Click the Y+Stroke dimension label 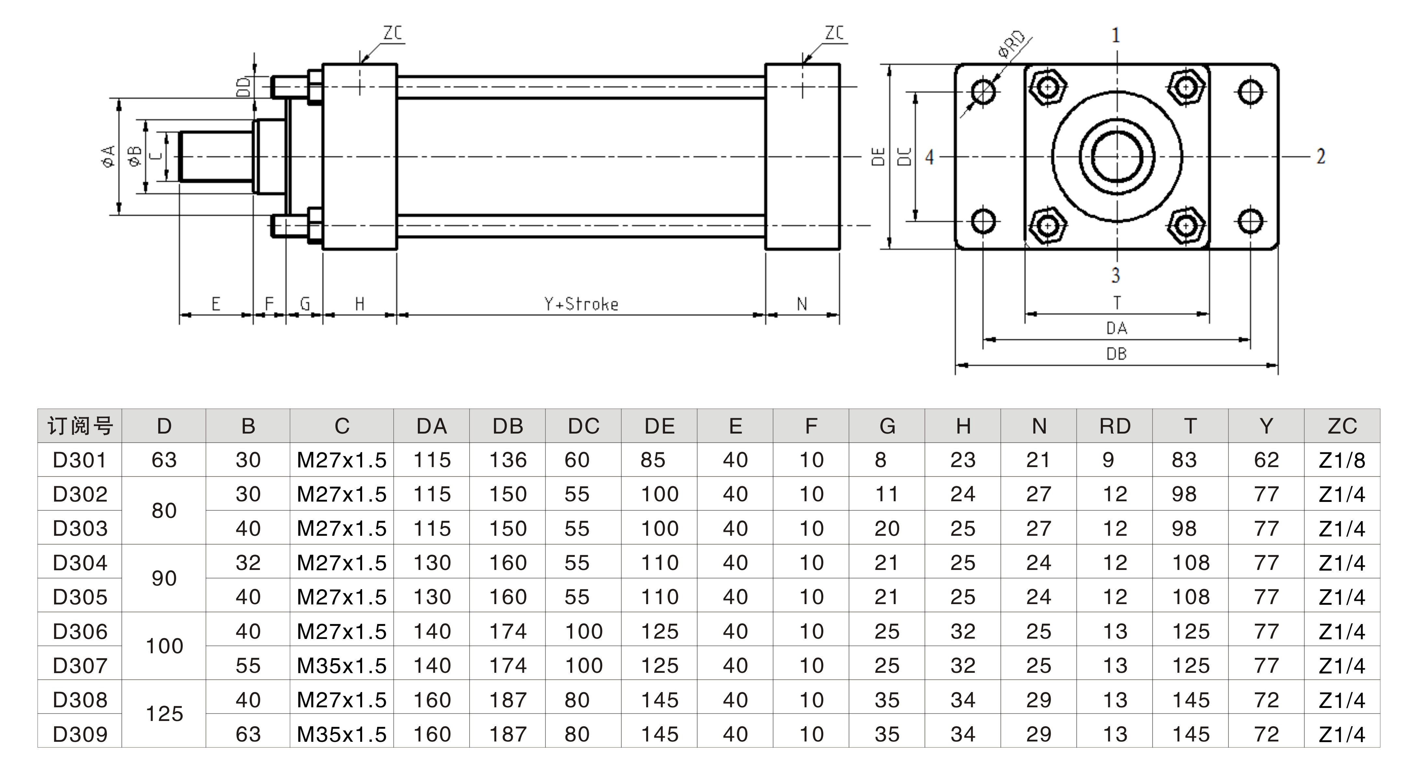(581, 304)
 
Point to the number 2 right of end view (1320, 157)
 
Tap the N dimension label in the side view (802, 304)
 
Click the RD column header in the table (1115, 426)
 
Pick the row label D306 (80, 631)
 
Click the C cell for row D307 (342, 666)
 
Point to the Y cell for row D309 (1266, 734)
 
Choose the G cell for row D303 (886, 529)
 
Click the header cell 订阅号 (80, 426)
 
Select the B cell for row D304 (248, 563)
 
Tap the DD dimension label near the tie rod (244, 87)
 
